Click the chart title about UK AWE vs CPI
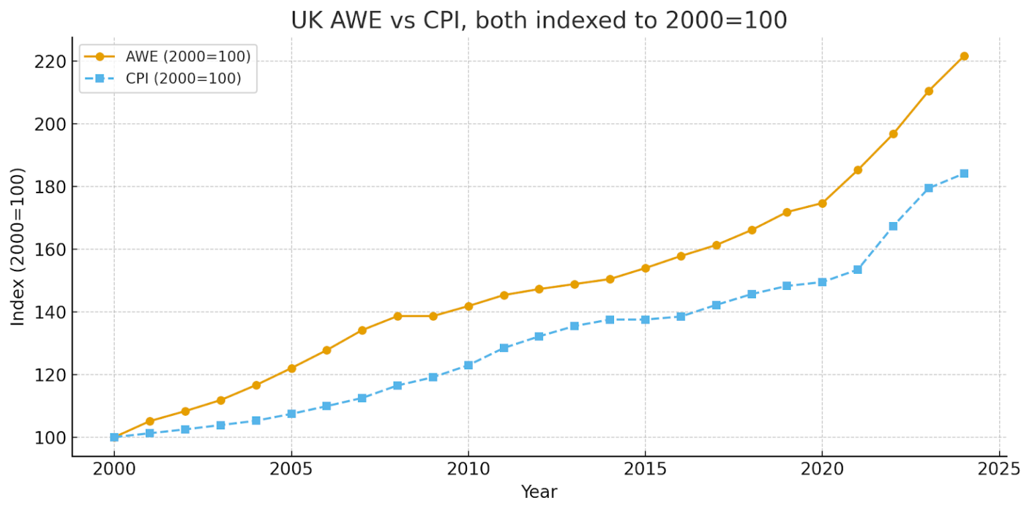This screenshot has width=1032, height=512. [x=539, y=20]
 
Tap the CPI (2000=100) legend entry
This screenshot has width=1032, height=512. [x=163, y=79]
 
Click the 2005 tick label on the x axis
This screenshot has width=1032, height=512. [x=291, y=470]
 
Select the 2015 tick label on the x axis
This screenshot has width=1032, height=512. [x=645, y=470]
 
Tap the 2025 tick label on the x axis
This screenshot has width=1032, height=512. [x=999, y=470]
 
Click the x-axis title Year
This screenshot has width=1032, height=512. [x=539, y=492]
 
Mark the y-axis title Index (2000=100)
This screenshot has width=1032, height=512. [x=17, y=247]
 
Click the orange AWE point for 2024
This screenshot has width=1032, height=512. [x=964, y=57]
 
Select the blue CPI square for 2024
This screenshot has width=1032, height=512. [x=964, y=174]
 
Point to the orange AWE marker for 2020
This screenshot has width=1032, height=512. [x=822, y=203]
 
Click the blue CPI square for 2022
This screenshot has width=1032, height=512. [x=893, y=226]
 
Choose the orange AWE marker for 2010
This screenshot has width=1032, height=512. [x=468, y=306]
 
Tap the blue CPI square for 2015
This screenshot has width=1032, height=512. [x=645, y=320]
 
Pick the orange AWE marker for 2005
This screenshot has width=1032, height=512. [x=292, y=369]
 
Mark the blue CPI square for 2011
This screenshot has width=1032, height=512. [x=503, y=348]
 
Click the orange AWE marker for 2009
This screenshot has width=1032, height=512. [x=433, y=316]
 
